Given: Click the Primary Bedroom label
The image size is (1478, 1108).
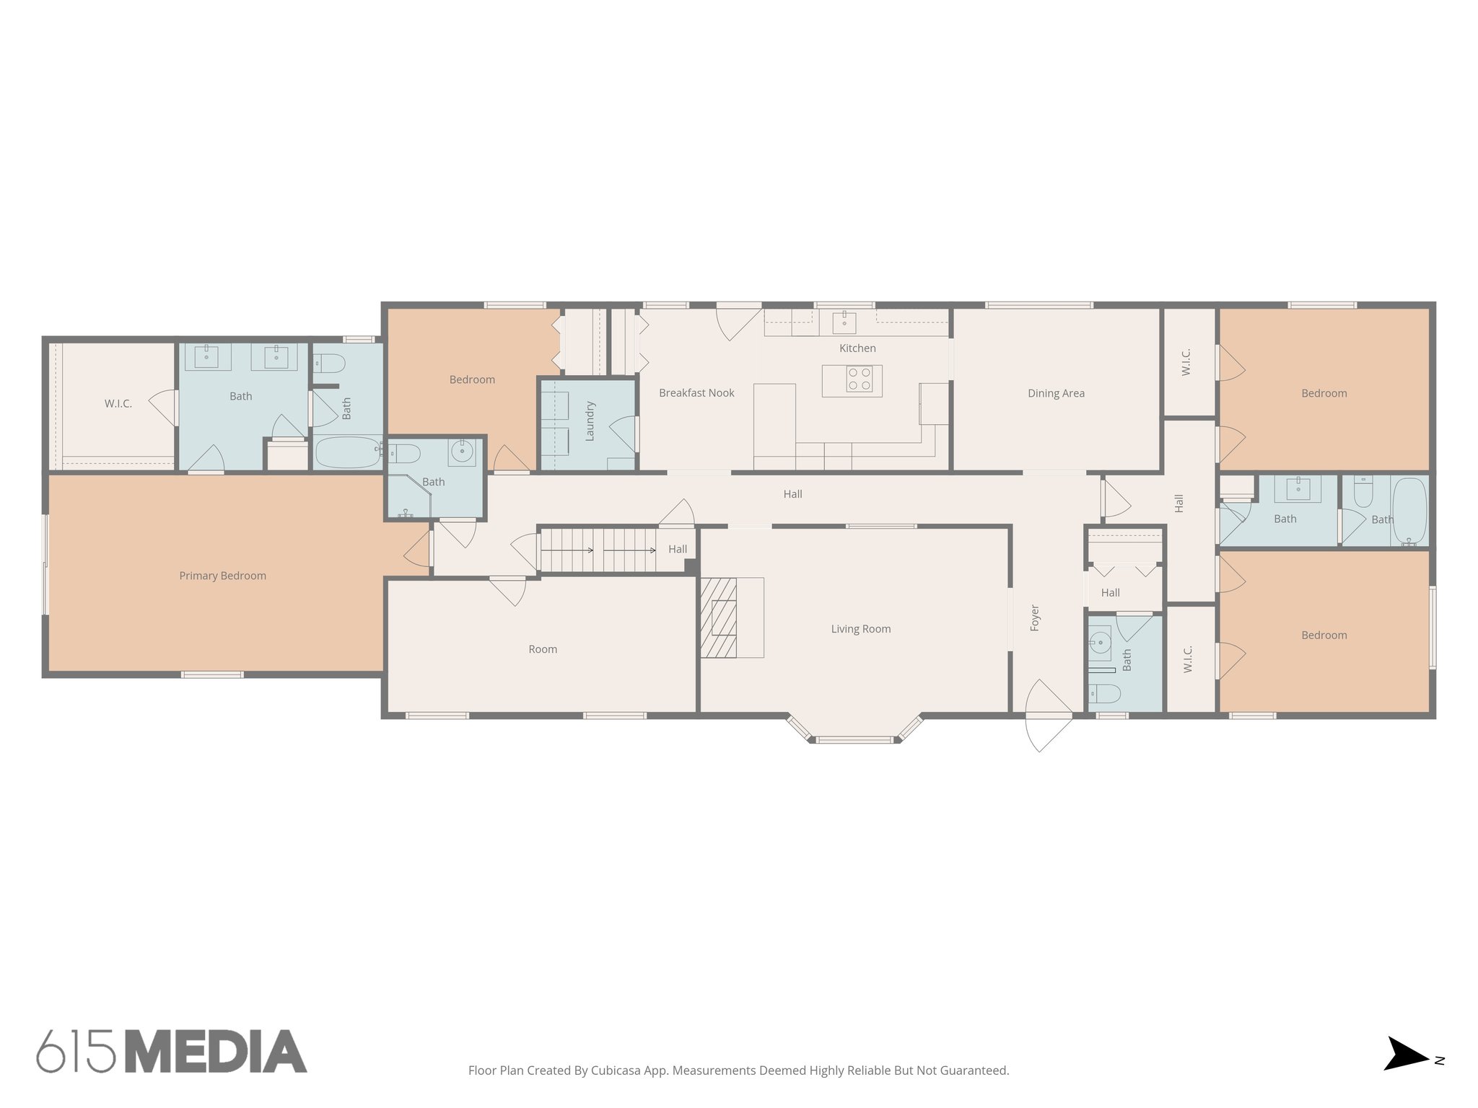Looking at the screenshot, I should point(222,576).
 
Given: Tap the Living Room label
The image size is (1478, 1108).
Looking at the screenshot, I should point(860,629).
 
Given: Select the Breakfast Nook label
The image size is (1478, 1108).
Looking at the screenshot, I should point(696,393).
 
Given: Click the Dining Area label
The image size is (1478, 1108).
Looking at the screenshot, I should point(1055,393).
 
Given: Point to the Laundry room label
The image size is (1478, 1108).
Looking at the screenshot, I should point(590,421).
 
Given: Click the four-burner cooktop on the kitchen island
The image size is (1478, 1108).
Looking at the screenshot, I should point(859,379).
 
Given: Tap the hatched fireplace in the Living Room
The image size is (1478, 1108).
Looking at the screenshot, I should point(718,617).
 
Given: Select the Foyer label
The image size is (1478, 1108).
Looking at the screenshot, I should point(1034,618).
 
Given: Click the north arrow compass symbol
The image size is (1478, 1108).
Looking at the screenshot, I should point(1406,1073).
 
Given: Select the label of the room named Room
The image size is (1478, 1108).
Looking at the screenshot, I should point(542,649).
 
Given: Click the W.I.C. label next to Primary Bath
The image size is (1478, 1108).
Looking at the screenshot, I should point(118,403).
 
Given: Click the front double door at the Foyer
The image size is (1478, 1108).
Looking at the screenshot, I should point(1048,714).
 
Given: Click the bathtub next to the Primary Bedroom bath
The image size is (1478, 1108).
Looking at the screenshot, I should point(347,452).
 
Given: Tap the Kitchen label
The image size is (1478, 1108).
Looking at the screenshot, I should point(857,348).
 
